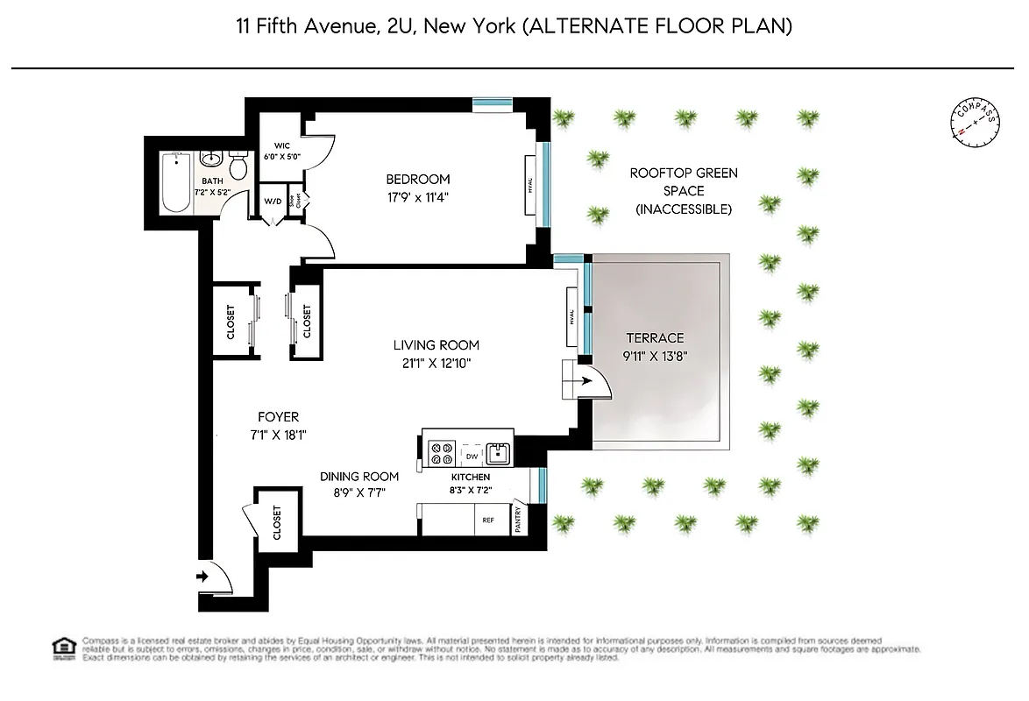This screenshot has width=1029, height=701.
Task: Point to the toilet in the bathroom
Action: click(238, 166)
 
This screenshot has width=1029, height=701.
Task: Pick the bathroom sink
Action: click(210, 160)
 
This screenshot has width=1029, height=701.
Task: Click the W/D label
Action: click(273, 202)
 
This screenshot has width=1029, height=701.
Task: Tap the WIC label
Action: click(282, 145)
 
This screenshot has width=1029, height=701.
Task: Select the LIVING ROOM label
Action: click(436, 345)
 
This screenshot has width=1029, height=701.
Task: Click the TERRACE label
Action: click(654, 338)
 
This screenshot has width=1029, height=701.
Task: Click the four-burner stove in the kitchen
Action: click(441, 453)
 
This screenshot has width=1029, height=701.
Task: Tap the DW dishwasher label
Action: click(472, 456)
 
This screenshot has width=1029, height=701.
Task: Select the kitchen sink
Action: click(498, 453)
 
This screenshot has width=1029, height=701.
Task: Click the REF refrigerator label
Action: click(488, 520)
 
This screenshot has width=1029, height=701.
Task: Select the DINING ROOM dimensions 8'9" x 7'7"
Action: click(359, 492)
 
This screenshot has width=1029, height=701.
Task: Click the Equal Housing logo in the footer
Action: click(63, 648)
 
